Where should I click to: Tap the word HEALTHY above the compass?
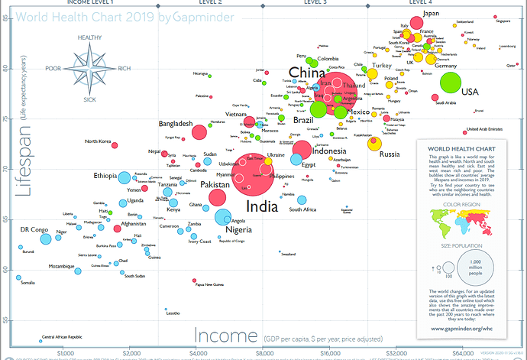pos(91,37)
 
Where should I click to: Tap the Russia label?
pos(390,154)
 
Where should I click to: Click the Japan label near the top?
pos(432,14)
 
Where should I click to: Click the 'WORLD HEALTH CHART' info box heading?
pos(461,148)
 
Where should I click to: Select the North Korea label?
pos(98,141)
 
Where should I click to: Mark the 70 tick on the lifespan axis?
pos(8,169)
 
